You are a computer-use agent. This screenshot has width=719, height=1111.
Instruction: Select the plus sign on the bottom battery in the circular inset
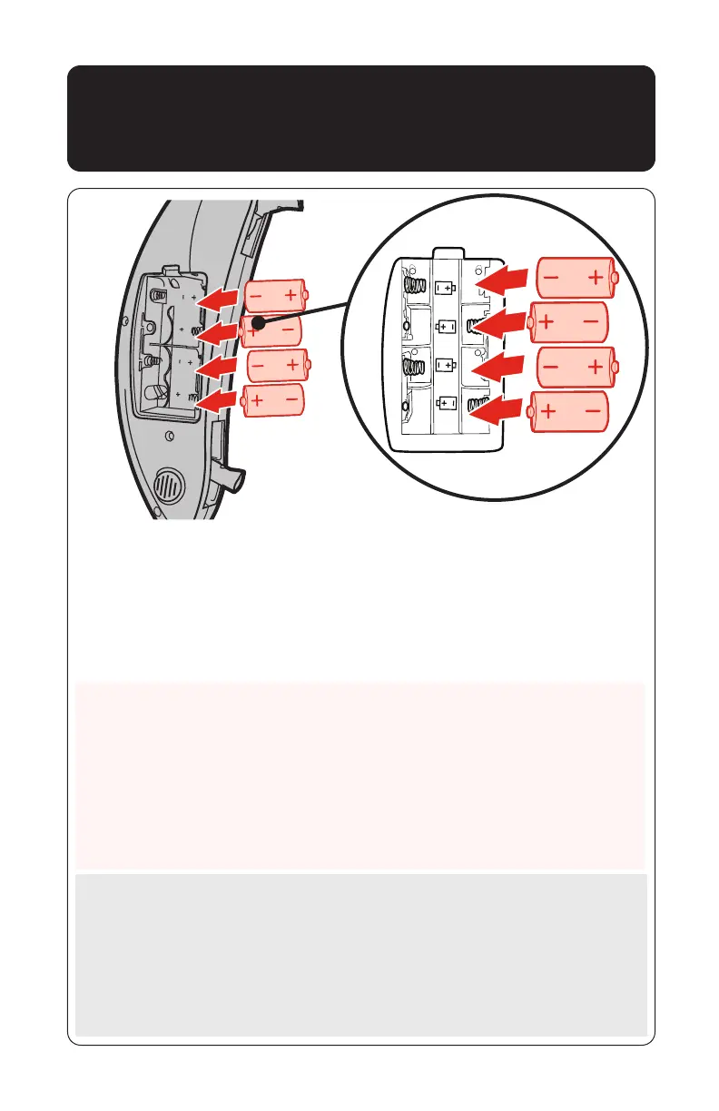pos(549,412)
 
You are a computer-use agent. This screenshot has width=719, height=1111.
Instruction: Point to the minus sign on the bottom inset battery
pos(591,412)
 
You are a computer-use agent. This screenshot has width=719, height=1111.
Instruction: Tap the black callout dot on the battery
pos(259,322)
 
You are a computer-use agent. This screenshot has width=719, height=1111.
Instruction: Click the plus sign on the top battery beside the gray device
pos(291,294)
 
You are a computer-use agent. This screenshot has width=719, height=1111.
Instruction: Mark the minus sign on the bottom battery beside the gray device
pos(292,398)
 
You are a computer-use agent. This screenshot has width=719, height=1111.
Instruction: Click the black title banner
pos(360,118)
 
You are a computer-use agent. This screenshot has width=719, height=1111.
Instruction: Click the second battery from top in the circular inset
pos(570,322)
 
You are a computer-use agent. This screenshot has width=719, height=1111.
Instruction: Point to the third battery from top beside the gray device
pos(277,365)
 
